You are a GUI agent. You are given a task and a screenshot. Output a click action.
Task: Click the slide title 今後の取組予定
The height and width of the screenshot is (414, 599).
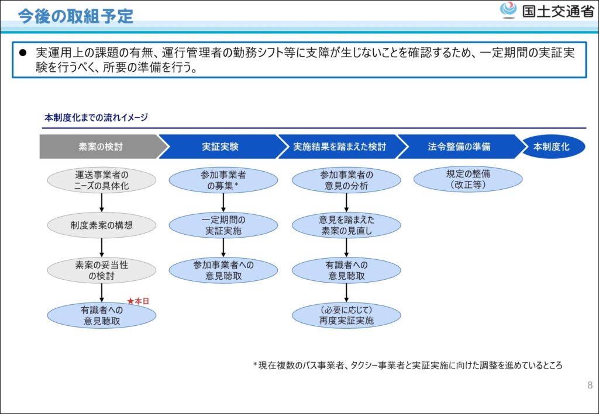coord(75,16)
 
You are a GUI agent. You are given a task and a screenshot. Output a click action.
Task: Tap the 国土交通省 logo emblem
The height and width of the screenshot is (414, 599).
coord(508,11)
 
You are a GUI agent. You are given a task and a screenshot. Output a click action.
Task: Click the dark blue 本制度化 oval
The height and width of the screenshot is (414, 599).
coord(553,147)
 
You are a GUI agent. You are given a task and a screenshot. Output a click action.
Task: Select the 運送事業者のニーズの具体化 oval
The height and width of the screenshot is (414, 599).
coord(102,180)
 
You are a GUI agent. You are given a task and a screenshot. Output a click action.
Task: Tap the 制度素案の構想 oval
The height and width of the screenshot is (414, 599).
coord(102,225)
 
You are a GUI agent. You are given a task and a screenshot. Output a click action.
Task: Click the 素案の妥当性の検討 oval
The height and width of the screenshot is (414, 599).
coord(102,270)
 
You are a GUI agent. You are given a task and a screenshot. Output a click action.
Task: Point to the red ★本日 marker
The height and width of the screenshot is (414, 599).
coord(138,301)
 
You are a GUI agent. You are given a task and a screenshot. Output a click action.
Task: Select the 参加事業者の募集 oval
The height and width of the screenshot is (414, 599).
coord(223,180)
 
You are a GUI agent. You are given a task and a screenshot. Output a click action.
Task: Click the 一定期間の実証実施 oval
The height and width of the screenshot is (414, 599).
coord(223,225)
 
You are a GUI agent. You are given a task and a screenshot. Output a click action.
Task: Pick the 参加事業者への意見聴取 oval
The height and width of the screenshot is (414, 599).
coord(223,270)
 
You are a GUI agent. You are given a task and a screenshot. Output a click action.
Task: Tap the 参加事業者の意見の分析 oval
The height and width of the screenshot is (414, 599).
coord(346,180)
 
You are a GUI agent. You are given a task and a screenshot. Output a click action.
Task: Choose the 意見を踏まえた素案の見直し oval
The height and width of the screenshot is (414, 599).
coord(346,225)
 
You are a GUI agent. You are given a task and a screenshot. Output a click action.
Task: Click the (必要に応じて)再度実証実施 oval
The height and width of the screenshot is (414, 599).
coord(346,315)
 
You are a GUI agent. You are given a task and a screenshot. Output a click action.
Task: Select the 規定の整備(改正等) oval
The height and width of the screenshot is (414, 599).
coord(468,179)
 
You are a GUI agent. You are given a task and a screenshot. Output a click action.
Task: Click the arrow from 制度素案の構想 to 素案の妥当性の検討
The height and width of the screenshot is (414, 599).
coord(102,248)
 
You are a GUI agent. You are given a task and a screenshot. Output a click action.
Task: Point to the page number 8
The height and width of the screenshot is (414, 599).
coord(590,385)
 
